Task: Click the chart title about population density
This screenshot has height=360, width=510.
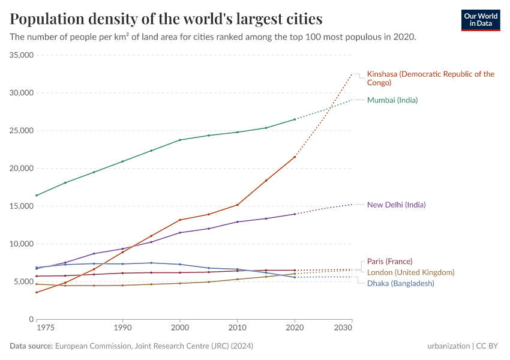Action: point(166,19)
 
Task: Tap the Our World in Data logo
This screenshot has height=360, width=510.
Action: point(480,19)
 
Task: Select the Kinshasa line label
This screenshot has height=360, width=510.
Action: point(430,78)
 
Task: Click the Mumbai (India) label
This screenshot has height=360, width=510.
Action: point(392,100)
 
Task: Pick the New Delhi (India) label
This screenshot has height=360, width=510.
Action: point(396,205)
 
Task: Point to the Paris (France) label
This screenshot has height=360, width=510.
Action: point(389,262)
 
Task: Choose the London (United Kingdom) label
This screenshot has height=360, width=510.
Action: point(410,272)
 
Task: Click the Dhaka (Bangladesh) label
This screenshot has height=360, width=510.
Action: point(400,283)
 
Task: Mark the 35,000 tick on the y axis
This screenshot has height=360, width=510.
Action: point(21,55)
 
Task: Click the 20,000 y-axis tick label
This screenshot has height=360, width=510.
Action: point(21,169)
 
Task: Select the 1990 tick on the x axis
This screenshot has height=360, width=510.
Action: point(122,328)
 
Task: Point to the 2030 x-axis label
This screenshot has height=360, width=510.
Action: point(343,328)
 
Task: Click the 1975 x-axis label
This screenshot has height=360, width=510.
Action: point(45,328)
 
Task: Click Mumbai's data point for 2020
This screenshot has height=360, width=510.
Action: point(295,119)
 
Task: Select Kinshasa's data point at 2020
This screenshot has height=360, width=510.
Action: point(295,157)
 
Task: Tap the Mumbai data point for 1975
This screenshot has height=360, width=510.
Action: point(37,196)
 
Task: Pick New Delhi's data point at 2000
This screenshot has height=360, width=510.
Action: point(180,233)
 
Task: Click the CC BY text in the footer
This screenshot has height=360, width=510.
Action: point(488,346)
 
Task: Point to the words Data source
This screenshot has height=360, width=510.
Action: point(31,346)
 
